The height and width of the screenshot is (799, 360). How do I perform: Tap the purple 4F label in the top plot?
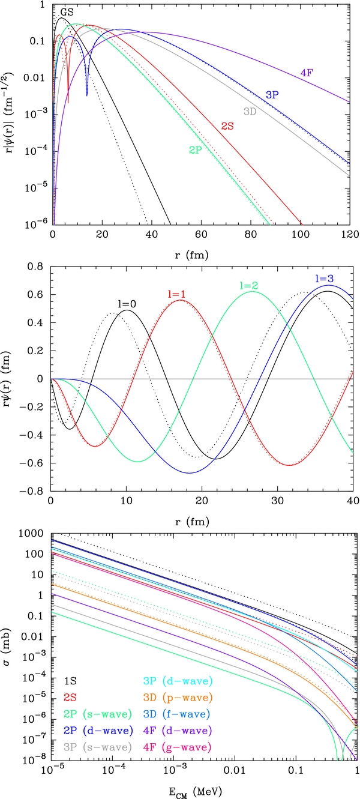coord(308,74)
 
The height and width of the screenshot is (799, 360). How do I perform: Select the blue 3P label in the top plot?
coord(274,94)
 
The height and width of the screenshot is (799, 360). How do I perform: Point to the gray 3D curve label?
coord(250,111)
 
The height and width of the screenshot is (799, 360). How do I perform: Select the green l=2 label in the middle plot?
coord(247,286)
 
